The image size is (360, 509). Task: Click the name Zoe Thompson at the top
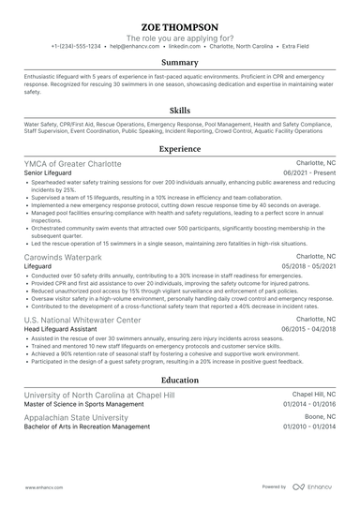pos(180,27)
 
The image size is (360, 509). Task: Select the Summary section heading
pos(180,62)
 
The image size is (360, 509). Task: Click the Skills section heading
pos(180,109)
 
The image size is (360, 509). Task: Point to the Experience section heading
pos(180,148)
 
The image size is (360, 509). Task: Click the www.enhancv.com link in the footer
pos(42,487)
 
